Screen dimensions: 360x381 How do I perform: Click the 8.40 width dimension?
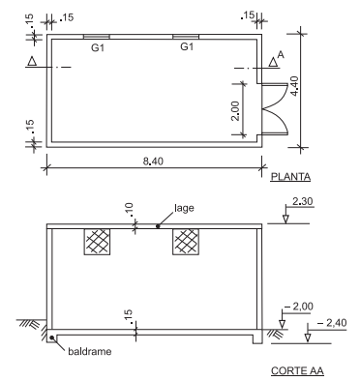click(153, 161)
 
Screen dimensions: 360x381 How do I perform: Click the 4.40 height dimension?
click(295, 86)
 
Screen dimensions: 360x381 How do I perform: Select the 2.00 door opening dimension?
click(235, 111)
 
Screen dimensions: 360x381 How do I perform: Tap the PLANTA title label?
click(290, 177)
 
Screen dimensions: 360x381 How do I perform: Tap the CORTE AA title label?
click(297, 371)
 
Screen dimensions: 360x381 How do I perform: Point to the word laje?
click(184, 208)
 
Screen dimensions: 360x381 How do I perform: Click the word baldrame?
click(90, 351)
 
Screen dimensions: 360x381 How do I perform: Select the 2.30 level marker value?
click(303, 201)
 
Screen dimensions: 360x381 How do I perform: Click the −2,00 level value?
click(299, 307)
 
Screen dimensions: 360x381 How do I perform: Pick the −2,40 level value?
click(332, 323)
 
